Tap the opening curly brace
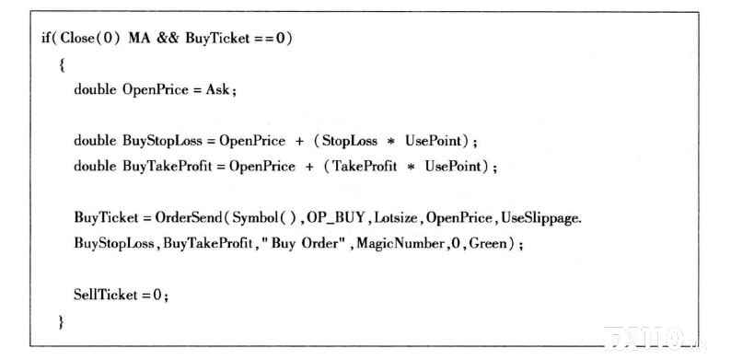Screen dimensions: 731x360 pos(62,64)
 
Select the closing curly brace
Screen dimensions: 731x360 pos(61,321)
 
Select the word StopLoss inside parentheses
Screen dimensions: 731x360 pos(350,140)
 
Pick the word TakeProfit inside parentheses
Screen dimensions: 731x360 pos(365,166)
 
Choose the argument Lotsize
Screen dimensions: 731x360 pos(395,217)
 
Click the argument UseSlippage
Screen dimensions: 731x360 pos(540,218)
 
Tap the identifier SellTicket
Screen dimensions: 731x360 pos(106,295)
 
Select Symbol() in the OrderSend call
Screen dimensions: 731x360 pos(264,218)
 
